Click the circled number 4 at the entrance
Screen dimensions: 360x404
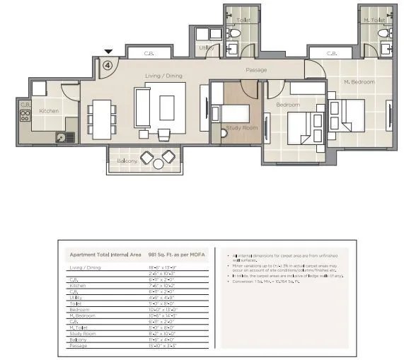click(107, 64)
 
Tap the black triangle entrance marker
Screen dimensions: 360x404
click(108, 52)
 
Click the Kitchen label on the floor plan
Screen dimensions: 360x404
click(49, 111)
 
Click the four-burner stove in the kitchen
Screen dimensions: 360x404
click(25, 115)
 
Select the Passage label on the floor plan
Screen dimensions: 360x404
click(255, 70)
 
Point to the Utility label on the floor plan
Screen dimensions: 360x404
click(204, 47)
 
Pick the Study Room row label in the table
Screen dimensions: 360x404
click(81, 332)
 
